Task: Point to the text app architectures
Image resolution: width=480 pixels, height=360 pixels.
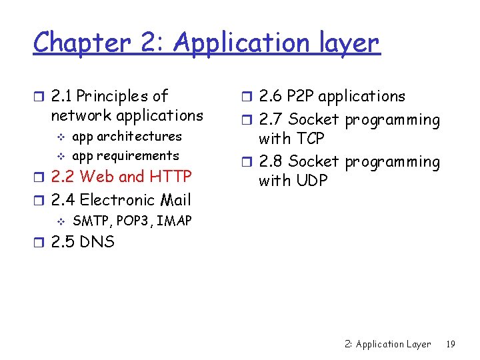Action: [127, 137]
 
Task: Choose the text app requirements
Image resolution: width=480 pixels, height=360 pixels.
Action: [125, 156]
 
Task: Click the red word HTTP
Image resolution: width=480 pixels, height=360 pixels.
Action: [171, 177]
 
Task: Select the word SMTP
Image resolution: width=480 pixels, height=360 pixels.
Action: [90, 221]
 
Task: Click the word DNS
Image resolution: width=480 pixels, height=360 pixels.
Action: [97, 241]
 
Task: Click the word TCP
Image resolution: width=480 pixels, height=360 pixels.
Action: [309, 139]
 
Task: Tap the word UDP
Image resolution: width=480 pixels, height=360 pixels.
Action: [309, 181]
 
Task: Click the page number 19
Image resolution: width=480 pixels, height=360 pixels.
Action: [451, 345]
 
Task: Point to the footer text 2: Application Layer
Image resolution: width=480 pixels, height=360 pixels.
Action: [387, 345]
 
